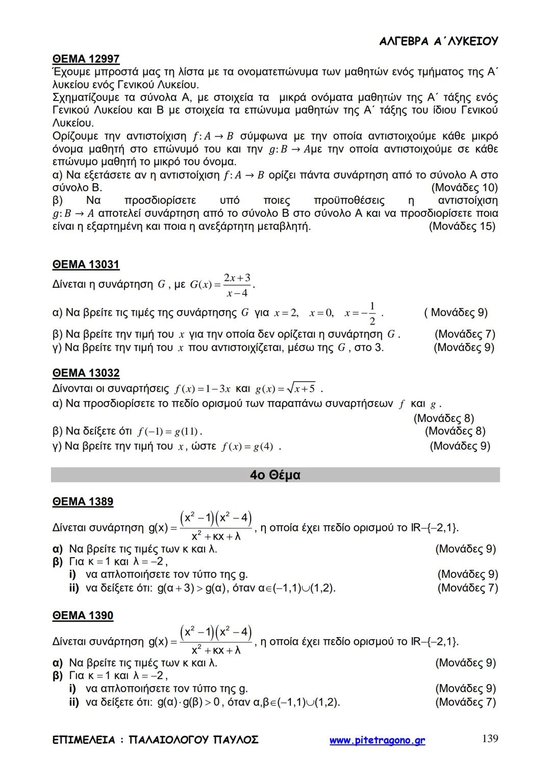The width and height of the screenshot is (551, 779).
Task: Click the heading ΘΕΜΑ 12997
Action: click(86, 59)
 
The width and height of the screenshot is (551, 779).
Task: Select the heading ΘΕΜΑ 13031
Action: click(86, 265)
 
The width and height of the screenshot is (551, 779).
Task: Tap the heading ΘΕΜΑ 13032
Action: click(86, 373)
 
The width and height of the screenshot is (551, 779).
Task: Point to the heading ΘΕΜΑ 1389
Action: click(83, 501)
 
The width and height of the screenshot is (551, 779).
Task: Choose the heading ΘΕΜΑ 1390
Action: click(83, 615)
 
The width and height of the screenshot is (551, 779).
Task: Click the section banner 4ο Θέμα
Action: click(275, 475)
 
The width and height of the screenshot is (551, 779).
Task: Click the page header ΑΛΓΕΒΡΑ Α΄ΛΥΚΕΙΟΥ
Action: click(439, 42)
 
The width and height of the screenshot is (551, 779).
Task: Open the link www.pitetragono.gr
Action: click(377, 741)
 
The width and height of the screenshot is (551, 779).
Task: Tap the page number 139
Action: click(490, 739)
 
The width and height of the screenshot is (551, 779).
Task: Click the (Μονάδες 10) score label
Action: click(464, 188)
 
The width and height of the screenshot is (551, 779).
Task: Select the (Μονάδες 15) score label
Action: click(462, 226)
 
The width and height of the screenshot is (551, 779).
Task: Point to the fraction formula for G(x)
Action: click(222, 285)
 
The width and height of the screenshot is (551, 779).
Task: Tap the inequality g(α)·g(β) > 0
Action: click(188, 702)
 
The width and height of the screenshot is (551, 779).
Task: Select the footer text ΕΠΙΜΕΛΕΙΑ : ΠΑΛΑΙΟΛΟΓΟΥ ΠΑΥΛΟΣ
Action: click(155, 740)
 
